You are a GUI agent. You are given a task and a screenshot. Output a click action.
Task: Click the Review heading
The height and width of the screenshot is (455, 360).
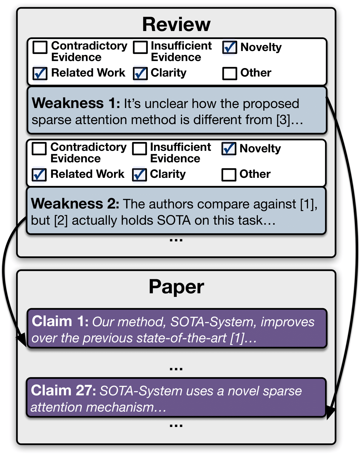[x=176, y=24]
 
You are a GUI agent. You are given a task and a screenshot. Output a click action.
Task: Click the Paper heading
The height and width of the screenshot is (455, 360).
[x=176, y=287]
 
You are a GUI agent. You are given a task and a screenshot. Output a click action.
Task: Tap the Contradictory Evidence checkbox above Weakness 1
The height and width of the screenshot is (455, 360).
[x=40, y=47]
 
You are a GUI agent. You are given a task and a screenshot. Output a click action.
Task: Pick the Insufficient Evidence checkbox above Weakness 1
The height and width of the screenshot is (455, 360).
[x=140, y=47]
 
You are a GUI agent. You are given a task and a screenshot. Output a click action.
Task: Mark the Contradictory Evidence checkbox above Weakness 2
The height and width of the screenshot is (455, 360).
[x=39, y=148]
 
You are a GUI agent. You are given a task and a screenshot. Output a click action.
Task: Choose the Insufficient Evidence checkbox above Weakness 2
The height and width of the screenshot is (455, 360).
[x=139, y=148]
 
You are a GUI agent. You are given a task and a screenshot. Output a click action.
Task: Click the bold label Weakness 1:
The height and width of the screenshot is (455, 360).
[x=76, y=103]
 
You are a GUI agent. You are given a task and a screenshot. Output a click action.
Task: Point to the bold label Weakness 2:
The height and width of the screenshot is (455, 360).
[x=75, y=204]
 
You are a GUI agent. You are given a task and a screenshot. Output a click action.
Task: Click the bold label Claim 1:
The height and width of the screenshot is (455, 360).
[x=60, y=322]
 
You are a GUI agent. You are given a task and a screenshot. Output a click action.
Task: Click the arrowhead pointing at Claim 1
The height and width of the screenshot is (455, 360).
[x=21, y=340]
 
